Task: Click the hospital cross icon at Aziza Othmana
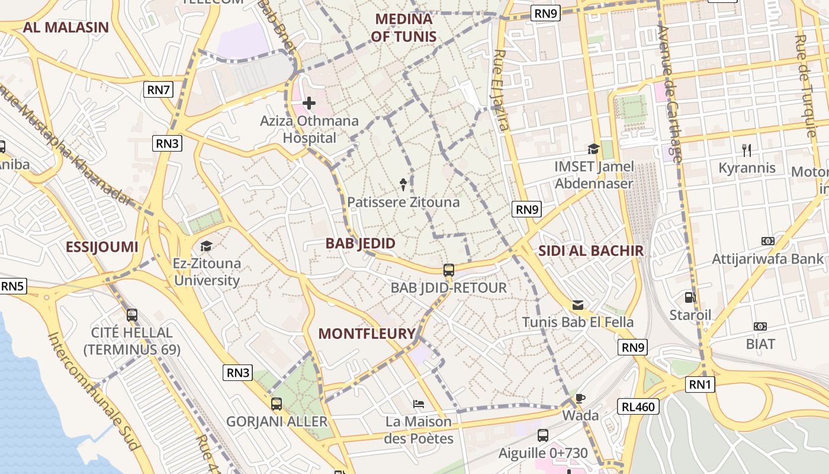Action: [309, 104]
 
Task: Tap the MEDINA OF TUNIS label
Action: [404, 28]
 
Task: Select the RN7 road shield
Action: [159, 90]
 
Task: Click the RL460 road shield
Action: [638, 406]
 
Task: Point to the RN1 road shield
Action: [700, 385]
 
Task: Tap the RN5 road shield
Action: [12, 286]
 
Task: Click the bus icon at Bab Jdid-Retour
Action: [449, 270]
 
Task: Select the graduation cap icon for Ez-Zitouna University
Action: [206, 246]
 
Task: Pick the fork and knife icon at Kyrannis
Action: [746, 150]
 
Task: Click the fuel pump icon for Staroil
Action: [690, 297]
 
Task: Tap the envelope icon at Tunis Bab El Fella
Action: [578, 305]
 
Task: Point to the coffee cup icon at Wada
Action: [580, 398]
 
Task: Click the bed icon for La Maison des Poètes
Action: [419, 404]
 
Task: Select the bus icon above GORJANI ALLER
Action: [277, 404]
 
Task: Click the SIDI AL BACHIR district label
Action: [590, 251]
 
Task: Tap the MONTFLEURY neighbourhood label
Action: [367, 334]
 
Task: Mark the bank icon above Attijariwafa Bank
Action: [767, 241]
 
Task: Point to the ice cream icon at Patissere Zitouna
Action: [404, 184]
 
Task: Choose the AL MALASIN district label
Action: [66, 27]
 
